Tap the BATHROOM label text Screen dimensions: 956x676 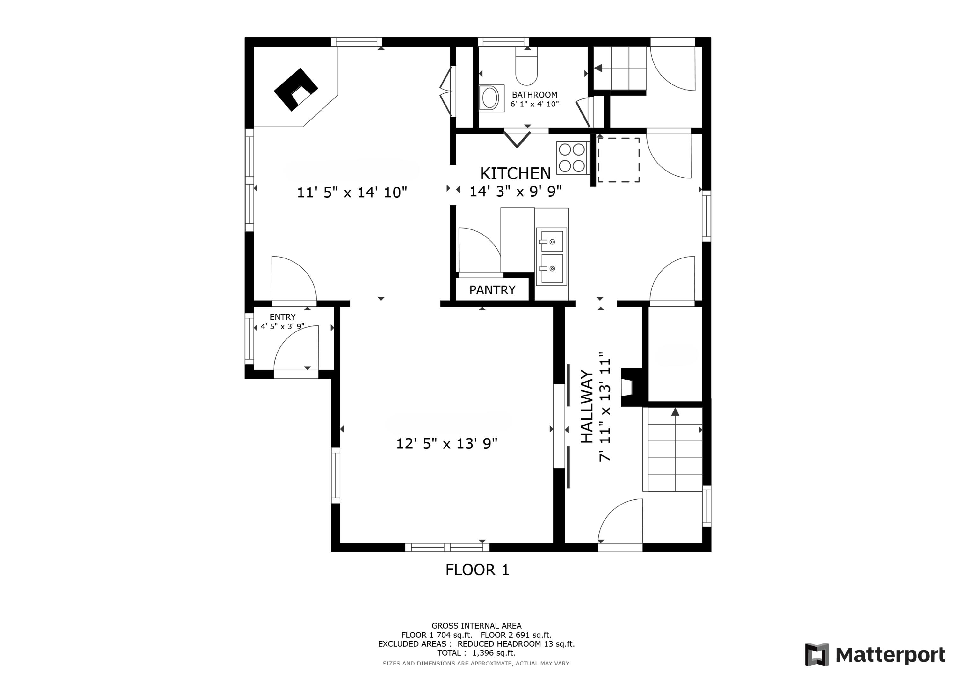[535, 95]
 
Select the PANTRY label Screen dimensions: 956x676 [493, 290]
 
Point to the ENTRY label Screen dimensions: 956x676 [283, 317]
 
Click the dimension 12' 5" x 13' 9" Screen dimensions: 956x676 [446, 444]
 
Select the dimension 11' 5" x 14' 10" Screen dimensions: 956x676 [352, 193]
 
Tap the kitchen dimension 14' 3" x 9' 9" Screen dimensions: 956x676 [516, 191]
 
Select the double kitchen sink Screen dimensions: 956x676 [552, 256]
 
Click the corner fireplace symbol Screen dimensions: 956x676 [296, 90]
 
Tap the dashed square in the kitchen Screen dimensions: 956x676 [619, 160]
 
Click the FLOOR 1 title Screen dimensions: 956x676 [477, 570]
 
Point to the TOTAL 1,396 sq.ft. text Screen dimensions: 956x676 [476, 653]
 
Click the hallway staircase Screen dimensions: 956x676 [673, 449]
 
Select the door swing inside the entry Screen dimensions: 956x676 [296, 348]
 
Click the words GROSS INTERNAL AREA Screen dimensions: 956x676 [476, 626]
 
